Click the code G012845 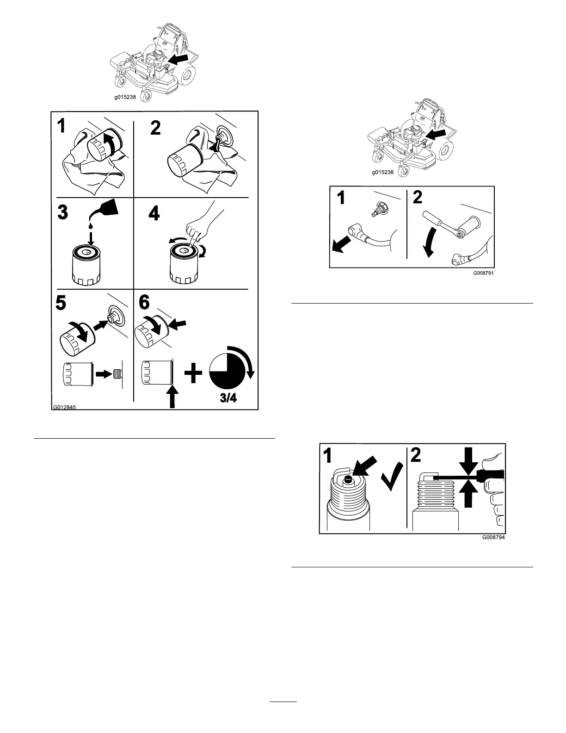(x=64, y=408)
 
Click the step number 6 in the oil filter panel (x=144, y=303)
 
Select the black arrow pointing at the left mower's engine (x=178, y=58)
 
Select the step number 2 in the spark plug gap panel (x=416, y=456)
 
